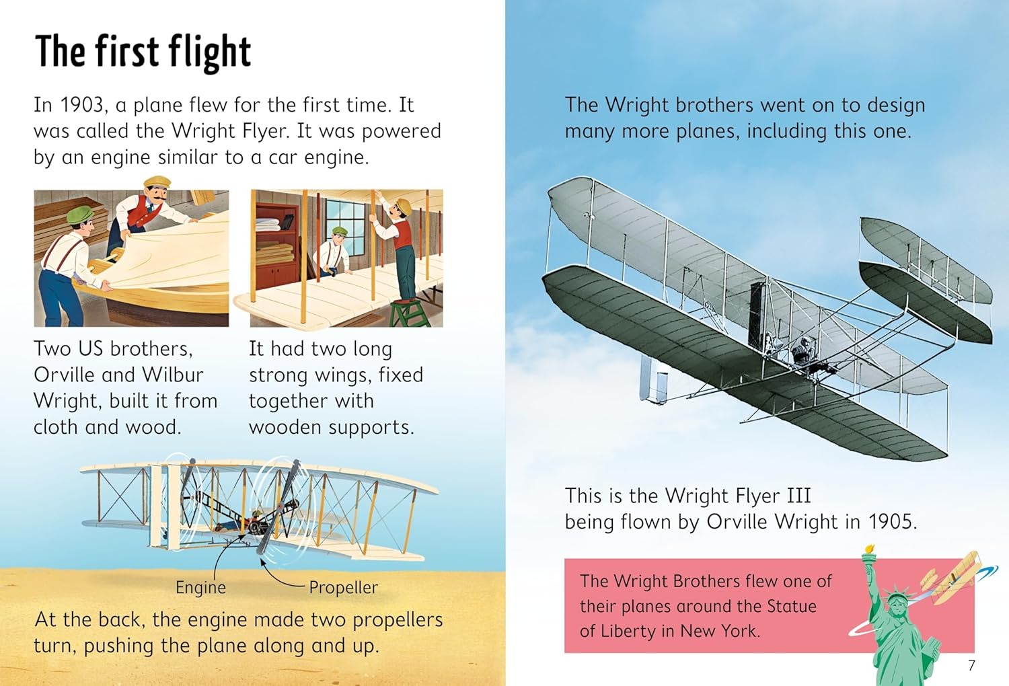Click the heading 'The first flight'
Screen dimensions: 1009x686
[143, 52]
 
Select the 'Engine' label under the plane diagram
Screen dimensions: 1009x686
[200, 587]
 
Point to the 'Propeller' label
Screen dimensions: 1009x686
[343, 587]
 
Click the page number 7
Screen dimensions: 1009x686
[971, 665]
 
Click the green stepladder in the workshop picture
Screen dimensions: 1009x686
[409, 313]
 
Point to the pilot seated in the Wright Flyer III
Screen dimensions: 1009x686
[800, 350]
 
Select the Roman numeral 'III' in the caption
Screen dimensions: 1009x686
[798, 496]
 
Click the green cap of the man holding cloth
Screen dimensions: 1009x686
[79, 215]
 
